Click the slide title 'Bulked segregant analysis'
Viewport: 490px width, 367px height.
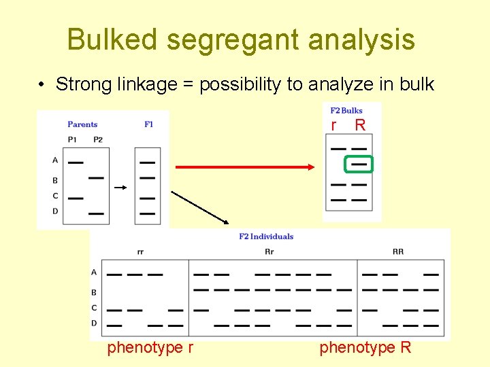241,39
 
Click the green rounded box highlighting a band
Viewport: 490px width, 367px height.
359,164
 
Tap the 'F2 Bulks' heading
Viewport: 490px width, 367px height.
346,110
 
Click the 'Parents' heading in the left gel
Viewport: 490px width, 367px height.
82,124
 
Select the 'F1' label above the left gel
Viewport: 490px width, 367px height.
148,124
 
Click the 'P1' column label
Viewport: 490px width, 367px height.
73,139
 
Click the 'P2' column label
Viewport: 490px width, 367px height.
98,139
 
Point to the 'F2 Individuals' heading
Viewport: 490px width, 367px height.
266,237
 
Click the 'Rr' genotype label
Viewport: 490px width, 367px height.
269,251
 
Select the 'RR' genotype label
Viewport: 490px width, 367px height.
398,251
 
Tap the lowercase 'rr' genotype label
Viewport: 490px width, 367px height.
140,251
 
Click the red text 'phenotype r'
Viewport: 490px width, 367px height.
150,348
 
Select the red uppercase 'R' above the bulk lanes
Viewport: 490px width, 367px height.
360,125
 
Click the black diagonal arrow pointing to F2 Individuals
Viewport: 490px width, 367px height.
200,207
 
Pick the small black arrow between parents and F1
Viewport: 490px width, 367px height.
120,186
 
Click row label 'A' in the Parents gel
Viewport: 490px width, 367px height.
55,160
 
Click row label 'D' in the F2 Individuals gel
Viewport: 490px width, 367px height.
94,323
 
